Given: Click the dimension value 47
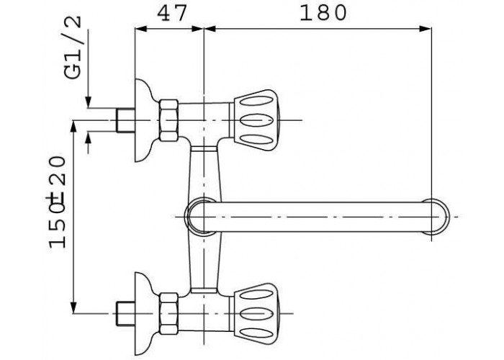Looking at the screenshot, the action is [x=171, y=14].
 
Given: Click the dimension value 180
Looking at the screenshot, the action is [x=323, y=14].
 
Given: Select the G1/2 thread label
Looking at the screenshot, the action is [x=73, y=48].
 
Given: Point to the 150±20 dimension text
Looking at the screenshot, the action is [x=57, y=202].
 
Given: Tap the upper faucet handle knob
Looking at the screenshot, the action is [x=255, y=120].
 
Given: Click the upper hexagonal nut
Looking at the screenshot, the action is [x=168, y=120].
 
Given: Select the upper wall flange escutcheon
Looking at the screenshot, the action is [x=144, y=120].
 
